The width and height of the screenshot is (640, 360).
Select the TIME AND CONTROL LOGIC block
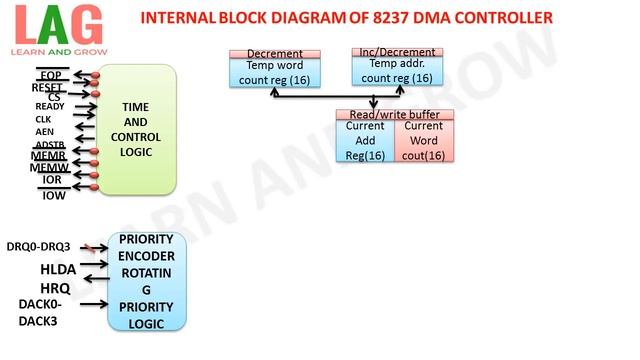coord(137,128)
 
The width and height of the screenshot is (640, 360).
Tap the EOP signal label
coord(50,76)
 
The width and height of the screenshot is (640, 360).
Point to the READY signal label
coord(50,106)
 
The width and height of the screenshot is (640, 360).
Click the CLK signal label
coord(43,119)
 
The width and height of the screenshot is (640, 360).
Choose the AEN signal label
coord(44,132)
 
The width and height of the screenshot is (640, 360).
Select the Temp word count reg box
coord(275,71)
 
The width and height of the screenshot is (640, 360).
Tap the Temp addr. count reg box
coord(398,70)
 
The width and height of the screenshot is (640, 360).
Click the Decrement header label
coord(275,52)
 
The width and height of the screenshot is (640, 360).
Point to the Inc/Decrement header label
coord(398,51)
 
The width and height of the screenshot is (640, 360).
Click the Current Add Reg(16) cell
coord(365,141)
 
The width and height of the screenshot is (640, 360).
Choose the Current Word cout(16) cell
coord(424,141)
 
